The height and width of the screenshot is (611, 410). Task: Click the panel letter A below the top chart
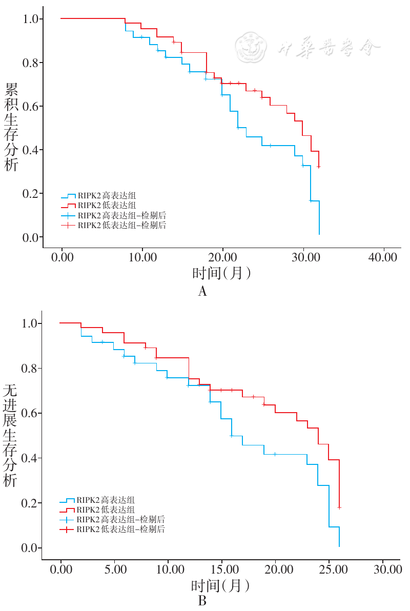click(202, 292)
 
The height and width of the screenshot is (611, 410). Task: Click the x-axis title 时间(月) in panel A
click(222, 273)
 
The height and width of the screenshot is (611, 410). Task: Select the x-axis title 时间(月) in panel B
click(221, 585)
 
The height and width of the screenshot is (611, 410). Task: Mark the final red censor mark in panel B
click(339, 507)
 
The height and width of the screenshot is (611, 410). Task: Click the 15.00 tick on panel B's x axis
click(222, 568)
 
